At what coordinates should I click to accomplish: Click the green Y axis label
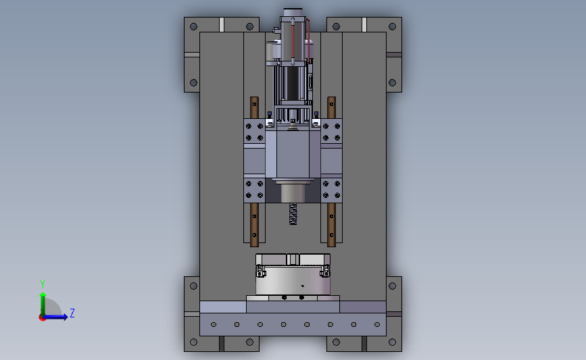[43, 284]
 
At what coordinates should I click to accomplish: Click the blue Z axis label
[72, 313]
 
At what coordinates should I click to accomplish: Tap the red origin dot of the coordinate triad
[42, 318]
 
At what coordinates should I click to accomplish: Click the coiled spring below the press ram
[293, 213]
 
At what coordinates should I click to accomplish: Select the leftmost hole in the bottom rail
[214, 324]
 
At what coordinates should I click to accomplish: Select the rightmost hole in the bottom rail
[377, 324]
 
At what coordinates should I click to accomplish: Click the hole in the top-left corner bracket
[193, 26]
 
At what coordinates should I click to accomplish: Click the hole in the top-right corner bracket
[392, 26]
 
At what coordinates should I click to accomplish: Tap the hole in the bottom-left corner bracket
[193, 342]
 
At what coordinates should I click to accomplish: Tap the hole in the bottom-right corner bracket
[392, 342]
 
